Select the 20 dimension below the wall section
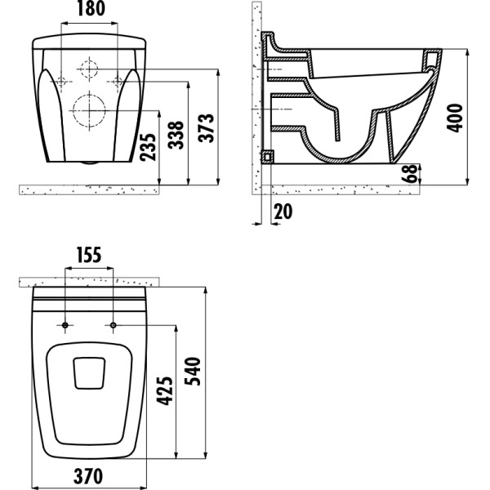click(x=283, y=212)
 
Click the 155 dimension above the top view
click(x=88, y=255)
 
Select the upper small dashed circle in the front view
click(x=89, y=69)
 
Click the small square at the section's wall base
click(x=265, y=155)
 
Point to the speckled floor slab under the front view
click(x=90, y=189)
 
